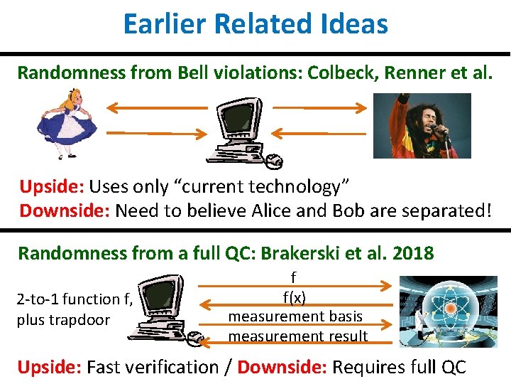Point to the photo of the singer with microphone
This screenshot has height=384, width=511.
(x=412, y=126)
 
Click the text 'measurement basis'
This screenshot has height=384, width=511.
(x=295, y=316)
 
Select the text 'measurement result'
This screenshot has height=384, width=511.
(x=298, y=336)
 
